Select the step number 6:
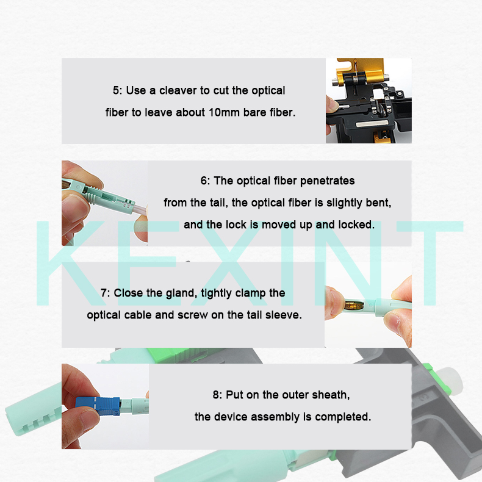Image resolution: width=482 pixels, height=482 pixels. click(206, 181)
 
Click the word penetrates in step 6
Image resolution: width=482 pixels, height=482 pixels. click(328, 181)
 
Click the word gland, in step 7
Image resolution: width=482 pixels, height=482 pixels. click(181, 293)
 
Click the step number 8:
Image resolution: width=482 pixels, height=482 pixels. click(218, 395)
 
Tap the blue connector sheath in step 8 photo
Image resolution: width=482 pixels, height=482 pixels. click(98, 406)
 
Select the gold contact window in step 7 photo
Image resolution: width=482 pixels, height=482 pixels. click(354, 306)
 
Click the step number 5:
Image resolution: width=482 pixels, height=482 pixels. click(117, 90)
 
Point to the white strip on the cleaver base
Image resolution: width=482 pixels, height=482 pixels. click(374, 124)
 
